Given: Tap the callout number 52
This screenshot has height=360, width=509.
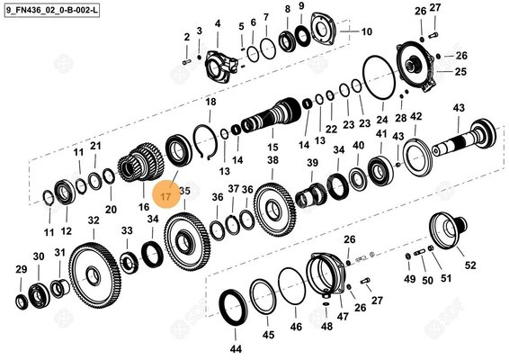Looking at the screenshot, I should [x=470, y=266].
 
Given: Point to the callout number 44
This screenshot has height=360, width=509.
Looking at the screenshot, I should [x=236, y=347].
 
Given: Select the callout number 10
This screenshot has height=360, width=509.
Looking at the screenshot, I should [x=367, y=31].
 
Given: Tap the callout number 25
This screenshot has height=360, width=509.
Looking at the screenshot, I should [x=460, y=71].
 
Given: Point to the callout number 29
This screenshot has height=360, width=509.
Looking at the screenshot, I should [x=22, y=268].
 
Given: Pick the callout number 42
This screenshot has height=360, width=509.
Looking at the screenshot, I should [x=415, y=116].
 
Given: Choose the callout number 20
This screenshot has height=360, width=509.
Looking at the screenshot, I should [x=111, y=209].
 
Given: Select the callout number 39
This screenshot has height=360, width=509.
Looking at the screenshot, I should [x=312, y=162].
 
